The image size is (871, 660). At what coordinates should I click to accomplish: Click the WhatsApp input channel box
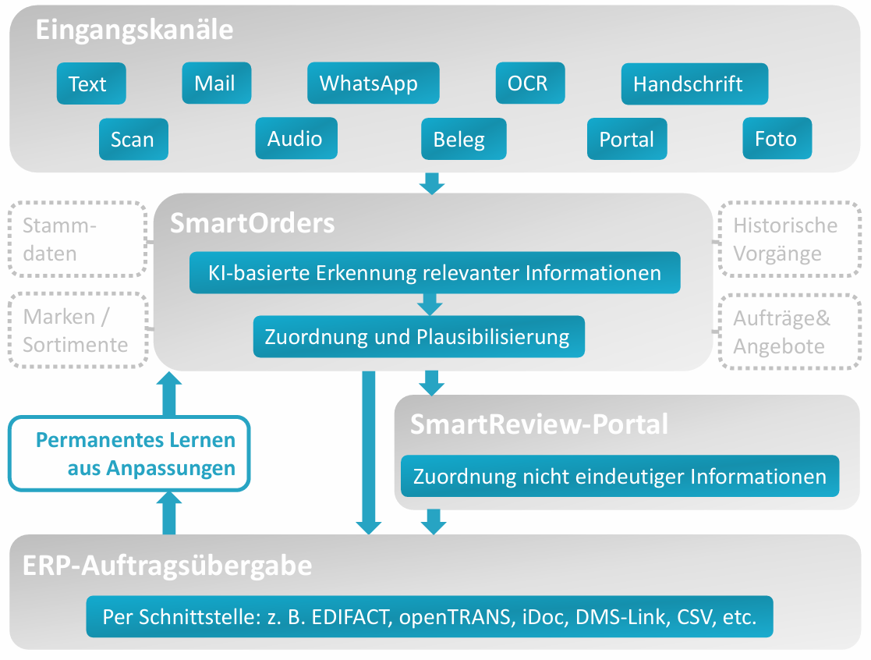tap(373, 83)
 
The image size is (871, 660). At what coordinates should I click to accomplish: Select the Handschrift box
tap(694, 83)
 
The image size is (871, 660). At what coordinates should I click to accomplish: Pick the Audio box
tap(296, 138)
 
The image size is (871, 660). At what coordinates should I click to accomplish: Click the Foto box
tap(777, 139)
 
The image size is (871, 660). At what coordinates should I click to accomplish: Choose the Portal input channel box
tap(627, 139)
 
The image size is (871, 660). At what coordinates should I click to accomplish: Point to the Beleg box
tap(463, 139)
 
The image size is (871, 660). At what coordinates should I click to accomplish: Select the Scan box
tap(133, 139)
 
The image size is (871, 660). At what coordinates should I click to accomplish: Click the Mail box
tap(216, 83)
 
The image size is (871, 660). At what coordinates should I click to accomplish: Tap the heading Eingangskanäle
tap(134, 30)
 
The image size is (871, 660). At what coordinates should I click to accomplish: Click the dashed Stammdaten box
tap(78, 240)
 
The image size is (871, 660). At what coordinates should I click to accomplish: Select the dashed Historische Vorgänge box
tap(788, 240)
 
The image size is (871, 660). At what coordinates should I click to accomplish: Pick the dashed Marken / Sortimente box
tap(78, 330)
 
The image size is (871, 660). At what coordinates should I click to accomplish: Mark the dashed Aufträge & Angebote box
tap(788, 332)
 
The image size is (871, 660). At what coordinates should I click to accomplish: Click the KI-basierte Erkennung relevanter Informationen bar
tap(434, 273)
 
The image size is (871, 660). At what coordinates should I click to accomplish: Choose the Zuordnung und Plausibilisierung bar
tap(419, 337)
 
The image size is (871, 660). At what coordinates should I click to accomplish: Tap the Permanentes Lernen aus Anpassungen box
tap(129, 454)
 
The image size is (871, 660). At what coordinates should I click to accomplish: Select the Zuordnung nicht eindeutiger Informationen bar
tap(620, 476)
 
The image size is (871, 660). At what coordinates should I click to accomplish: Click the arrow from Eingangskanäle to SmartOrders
tap(431, 183)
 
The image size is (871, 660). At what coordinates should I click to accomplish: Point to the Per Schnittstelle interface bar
tap(430, 617)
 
